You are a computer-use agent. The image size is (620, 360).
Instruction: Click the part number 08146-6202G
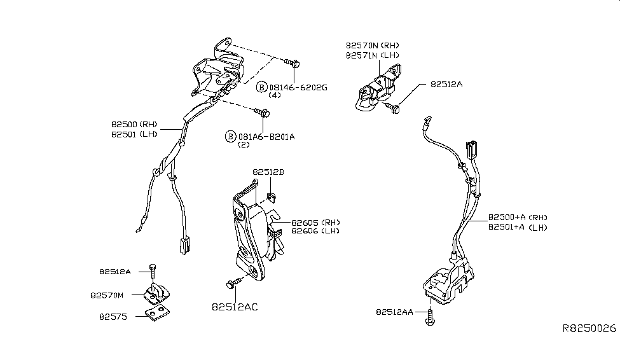coord(298,87)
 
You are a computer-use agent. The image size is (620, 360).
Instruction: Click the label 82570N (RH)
coord(372,46)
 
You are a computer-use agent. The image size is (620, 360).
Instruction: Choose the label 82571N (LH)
coord(372,55)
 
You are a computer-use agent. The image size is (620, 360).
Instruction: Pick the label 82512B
coord(268,172)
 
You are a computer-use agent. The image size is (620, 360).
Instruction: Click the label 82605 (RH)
coord(315,222)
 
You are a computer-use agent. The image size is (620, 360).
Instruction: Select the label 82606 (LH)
coord(315,231)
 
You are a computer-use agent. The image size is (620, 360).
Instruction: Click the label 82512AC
coord(235,307)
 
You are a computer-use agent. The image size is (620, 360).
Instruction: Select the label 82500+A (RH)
coord(518,217)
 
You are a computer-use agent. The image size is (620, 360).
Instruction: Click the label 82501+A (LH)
coord(518,227)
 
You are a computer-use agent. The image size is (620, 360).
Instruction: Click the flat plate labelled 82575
coord(157,312)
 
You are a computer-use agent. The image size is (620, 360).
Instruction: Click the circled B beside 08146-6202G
coord(261,87)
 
